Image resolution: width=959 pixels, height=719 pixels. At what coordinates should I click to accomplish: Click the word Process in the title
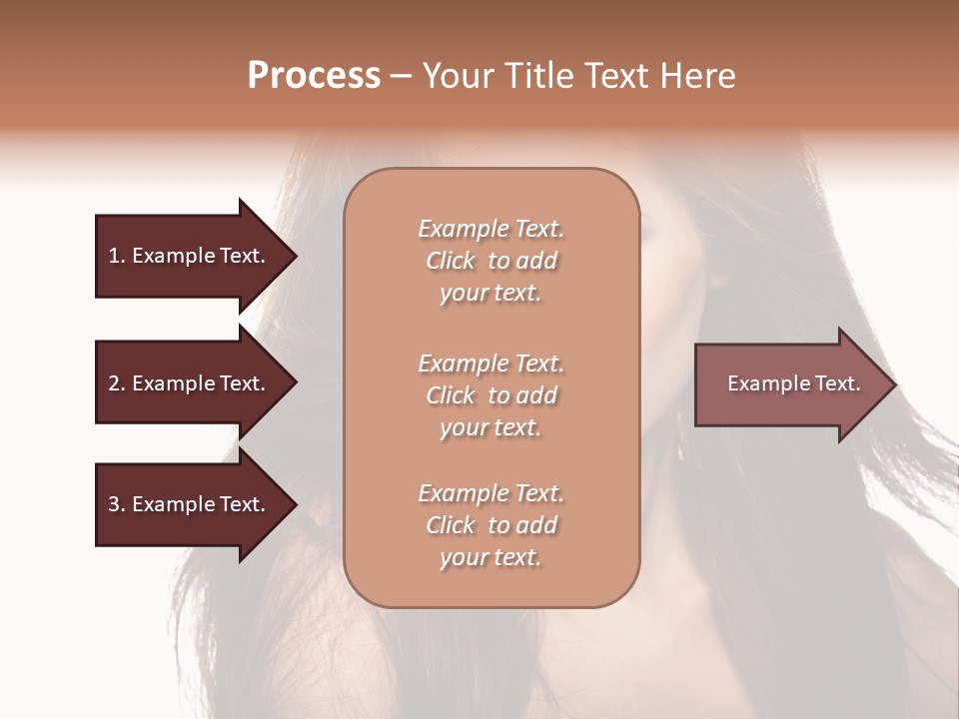314,76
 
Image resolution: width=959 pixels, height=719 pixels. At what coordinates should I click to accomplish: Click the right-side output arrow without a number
793,383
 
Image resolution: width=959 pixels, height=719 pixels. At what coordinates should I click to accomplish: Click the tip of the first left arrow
293,256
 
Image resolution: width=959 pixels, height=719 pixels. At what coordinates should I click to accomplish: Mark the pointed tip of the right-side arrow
893,384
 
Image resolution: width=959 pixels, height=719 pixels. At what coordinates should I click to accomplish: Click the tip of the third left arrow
293,505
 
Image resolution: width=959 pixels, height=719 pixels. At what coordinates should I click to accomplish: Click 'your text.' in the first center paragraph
490,294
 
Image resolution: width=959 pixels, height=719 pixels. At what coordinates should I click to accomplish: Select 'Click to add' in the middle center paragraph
490,395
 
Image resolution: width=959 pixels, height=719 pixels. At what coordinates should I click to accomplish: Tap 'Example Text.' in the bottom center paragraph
490,493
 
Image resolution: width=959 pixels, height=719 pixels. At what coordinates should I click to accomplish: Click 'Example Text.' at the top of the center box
490,229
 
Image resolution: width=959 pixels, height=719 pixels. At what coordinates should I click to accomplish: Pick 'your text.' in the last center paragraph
490,558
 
